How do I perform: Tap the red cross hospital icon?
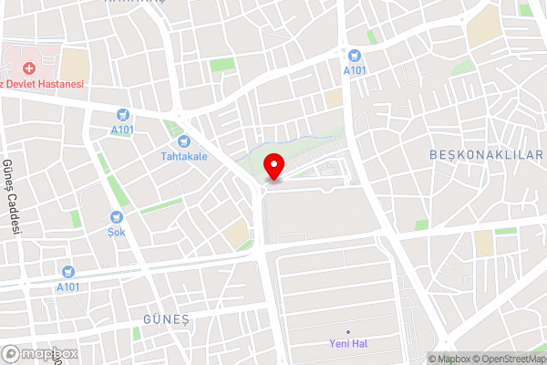(x=29, y=68)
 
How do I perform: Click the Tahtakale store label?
(x=184, y=156)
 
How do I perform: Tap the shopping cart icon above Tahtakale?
(x=184, y=141)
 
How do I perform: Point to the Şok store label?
(x=117, y=232)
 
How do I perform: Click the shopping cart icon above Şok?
(x=117, y=217)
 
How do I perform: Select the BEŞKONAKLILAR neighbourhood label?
(x=486, y=156)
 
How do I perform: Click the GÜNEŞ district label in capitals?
(x=165, y=318)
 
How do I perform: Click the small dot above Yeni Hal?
(x=348, y=330)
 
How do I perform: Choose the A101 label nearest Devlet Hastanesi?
(x=123, y=130)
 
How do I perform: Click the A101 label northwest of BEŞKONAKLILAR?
(x=354, y=69)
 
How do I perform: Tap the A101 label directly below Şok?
(x=67, y=286)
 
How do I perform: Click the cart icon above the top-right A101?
(x=354, y=55)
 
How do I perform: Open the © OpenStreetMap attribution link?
(x=507, y=359)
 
